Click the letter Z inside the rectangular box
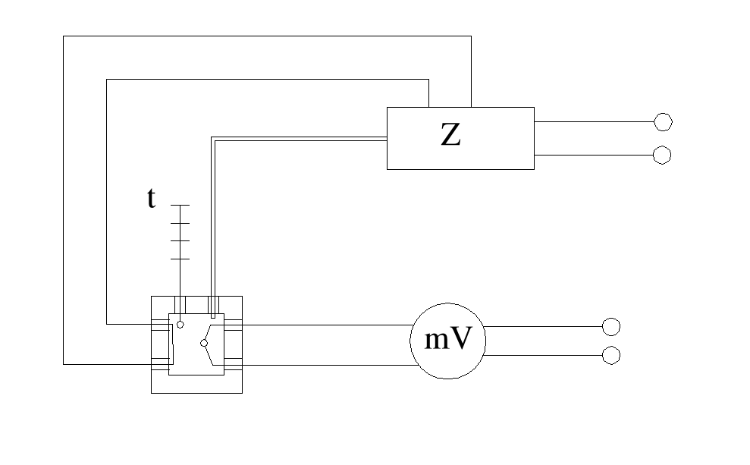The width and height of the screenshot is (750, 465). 450,136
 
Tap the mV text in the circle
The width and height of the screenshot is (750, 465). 447,341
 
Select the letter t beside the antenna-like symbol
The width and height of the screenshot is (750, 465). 152,199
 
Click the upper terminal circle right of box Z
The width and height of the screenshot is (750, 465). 663,121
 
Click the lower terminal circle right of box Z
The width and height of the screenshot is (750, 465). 662,156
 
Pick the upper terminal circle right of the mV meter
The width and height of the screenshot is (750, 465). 610,326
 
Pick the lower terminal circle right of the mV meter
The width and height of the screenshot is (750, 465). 610,355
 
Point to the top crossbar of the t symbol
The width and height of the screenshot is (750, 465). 180,205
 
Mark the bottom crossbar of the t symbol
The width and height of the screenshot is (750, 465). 180,259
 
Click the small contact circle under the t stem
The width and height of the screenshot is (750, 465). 180,324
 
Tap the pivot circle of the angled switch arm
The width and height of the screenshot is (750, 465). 203,344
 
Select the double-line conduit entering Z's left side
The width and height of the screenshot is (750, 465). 303,138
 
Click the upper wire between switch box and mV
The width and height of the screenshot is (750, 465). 326,325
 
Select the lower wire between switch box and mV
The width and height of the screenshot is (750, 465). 326,364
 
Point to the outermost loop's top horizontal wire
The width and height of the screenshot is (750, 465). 265,36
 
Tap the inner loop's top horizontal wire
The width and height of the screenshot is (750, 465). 265,79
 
